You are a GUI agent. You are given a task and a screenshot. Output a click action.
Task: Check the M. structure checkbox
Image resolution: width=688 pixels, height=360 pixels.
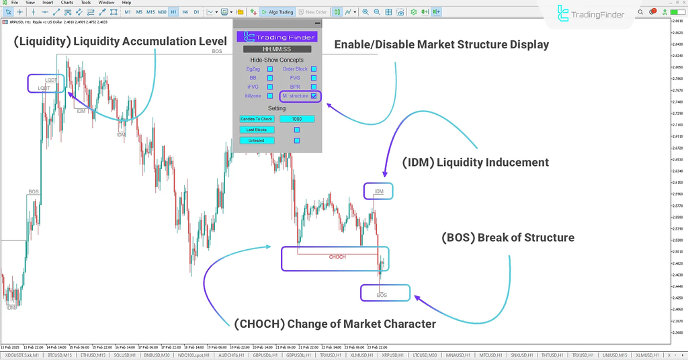[314, 96]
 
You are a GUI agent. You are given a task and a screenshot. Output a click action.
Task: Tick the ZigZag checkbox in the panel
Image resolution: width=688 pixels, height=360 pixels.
[270, 69]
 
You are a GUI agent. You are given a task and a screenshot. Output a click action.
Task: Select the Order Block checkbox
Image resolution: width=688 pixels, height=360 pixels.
[314, 69]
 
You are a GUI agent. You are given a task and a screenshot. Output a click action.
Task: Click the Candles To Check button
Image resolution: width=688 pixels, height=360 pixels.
[257, 119]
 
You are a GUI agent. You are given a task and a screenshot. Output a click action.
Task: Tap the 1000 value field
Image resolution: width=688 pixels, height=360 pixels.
[297, 119]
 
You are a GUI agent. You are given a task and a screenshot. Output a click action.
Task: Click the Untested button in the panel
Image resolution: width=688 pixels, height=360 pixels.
[257, 140]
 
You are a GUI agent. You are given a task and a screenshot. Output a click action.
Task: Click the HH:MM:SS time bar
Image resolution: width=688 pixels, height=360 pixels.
[277, 49]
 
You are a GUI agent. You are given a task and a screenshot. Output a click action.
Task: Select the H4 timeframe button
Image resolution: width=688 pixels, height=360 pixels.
[185, 12]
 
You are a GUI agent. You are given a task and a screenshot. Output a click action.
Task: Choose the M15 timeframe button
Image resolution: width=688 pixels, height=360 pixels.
[151, 12]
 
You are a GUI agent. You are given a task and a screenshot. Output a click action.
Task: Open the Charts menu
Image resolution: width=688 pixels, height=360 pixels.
[67, 3]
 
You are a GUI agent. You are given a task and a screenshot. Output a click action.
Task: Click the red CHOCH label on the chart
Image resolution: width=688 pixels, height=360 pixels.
[337, 257]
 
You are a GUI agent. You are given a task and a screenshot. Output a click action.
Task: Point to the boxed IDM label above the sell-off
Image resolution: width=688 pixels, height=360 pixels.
[379, 192]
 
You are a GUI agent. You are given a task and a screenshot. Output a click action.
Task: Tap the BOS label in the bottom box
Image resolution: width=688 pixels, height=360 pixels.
[382, 295]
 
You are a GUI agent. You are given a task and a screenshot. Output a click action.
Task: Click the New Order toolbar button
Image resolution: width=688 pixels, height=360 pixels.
[313, 12]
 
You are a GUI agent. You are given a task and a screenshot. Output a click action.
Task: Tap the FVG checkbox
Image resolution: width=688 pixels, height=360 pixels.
[314, 78]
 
